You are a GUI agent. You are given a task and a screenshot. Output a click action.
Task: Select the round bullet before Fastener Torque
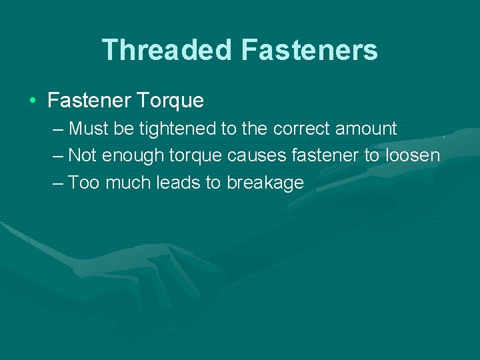tap(33, 101)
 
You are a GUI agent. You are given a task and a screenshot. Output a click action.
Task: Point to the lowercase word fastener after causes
tap(319, 155)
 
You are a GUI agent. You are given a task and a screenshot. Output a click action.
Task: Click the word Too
tap(83, 183)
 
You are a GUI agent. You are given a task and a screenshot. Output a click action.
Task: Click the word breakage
tap(265, 183)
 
